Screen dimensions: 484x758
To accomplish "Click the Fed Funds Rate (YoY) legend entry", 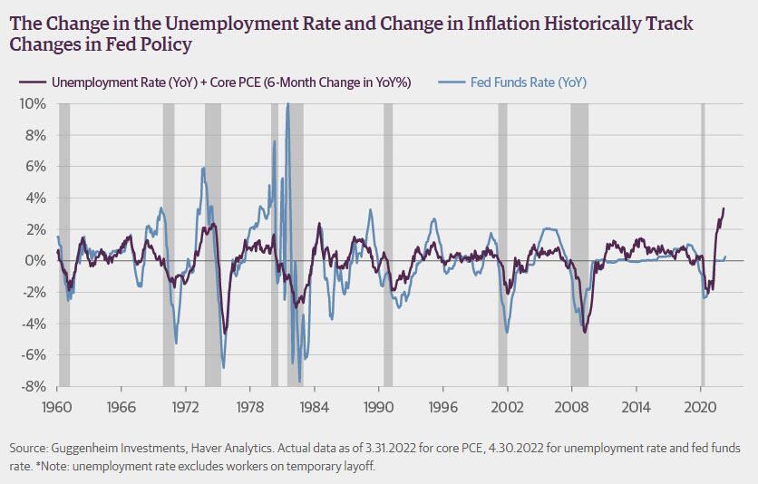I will click(x=528, y=83).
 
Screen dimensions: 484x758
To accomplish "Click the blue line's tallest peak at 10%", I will click(x=287, y=104).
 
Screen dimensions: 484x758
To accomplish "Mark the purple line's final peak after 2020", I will click(x=724, y=208).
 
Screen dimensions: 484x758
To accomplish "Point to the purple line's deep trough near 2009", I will click(x=585, y=332).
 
